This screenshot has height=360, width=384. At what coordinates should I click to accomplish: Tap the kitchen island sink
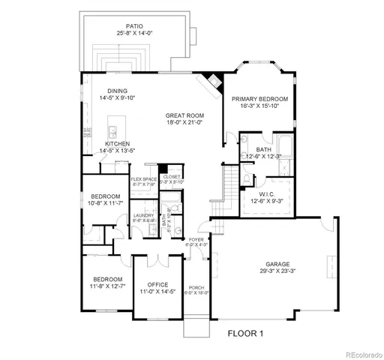[x=115, y=121]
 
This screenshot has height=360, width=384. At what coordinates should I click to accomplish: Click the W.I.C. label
[x=268, y=193]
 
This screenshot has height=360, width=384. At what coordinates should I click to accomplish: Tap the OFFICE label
[x=157, y=284]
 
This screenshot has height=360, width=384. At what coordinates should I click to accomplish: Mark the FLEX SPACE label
[x=143, y=179]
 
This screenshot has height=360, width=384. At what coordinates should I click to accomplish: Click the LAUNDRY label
[x=143, y=215]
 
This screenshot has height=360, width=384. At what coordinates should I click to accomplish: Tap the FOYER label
[x=196, y=239]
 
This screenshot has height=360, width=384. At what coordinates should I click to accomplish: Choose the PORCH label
[x=196, y=289]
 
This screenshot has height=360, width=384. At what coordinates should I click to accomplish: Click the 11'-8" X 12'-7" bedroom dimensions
[x=108, y=285]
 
